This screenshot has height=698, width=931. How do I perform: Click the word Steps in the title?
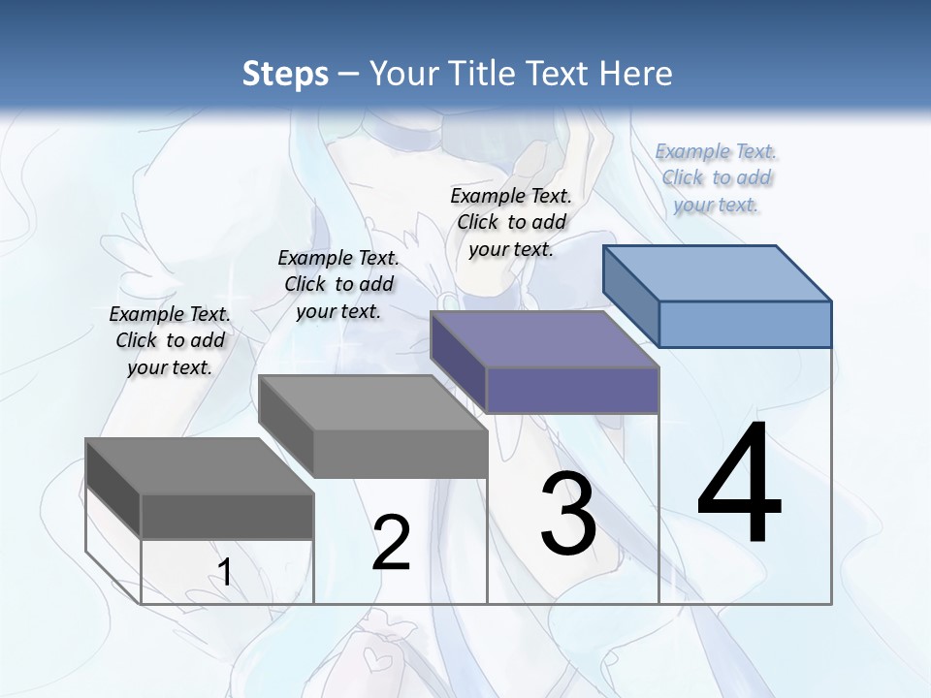284,74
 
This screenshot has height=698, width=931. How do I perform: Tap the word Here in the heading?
633,74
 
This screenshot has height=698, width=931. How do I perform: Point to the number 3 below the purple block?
568,513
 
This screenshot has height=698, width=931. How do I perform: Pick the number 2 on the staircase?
391,543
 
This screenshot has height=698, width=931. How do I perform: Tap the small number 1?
224,573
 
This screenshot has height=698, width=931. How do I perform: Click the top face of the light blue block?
718,273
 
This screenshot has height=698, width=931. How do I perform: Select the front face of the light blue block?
745,324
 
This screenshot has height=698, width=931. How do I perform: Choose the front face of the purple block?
572,390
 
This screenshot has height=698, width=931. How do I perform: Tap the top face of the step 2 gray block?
373,403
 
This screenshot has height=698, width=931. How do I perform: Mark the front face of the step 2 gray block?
401,454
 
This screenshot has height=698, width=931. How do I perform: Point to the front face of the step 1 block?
227,517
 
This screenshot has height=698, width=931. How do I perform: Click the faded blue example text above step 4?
716,178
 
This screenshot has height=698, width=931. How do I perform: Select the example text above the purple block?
511,222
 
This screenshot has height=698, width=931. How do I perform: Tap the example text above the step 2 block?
338,284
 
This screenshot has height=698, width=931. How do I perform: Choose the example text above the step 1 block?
170,340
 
